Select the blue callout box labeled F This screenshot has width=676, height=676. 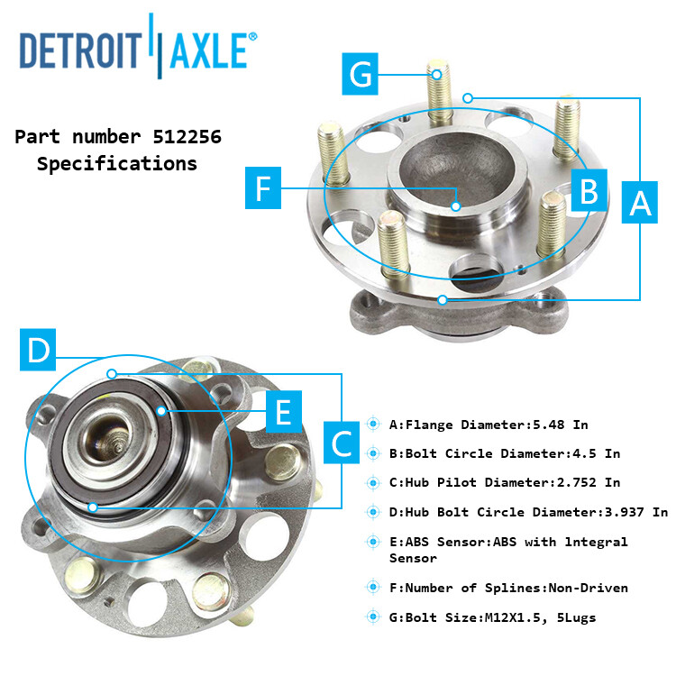(x=263, y=188)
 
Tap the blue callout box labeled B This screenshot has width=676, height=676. (x=589, y=191)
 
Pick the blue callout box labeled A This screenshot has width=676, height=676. (x=640, y=203)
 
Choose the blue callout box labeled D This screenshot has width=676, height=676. (x=38, y=349)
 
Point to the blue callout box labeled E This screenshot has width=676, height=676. (x=283, y=414)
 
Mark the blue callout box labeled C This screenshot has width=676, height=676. (x=343, y=443)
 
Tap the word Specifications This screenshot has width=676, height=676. (x=116, y=164)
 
